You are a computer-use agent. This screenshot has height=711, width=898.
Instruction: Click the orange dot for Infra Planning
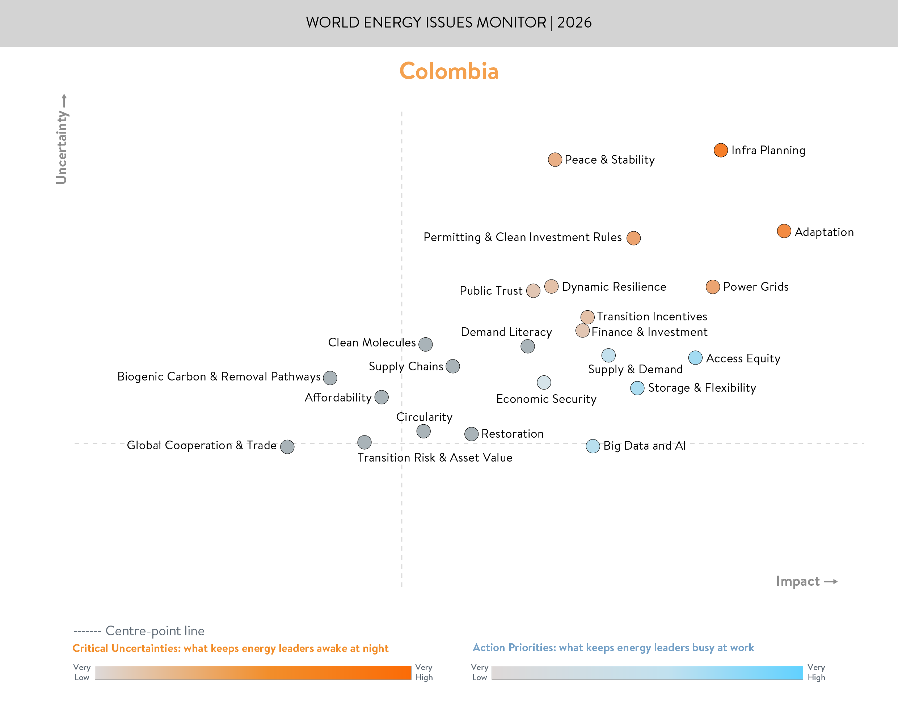click(x=720, y=150)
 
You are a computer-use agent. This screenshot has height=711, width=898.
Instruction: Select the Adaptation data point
click(x=784, y=231)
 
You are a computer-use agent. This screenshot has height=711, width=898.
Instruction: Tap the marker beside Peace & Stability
click(x=555, y=159)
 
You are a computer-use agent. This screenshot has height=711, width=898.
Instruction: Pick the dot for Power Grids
click(x=712, y=287)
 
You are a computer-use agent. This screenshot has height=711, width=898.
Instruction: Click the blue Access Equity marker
click(x=695, y=358)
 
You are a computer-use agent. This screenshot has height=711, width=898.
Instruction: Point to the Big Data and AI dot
click(x=593, y=446)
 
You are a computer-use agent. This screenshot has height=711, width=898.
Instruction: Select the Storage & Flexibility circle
click(x=637, y=388)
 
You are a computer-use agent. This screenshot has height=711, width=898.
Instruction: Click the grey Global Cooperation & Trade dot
click(x=287, y=447)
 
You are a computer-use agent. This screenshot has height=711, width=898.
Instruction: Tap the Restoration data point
click(x=471, y=434)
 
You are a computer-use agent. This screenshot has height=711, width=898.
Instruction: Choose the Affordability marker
click(x=381, y=397)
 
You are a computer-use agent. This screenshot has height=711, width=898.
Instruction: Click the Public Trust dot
click(x=533, y=291)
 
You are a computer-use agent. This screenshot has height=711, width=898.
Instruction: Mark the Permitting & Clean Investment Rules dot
click(x=633, y=238)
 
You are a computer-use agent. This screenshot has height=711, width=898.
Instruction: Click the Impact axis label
click(x=798, y=581)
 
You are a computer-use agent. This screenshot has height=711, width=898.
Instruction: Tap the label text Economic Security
click(x=546, y=399)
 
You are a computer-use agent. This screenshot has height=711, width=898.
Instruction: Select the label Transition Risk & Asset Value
click(x=435, y=458)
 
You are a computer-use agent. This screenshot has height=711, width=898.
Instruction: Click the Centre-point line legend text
click(x=155, y=631)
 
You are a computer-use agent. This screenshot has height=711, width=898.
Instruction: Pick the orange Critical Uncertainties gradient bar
click(x=253, y=672)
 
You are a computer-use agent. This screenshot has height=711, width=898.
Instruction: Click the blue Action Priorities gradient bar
click(x=647, y=672)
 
